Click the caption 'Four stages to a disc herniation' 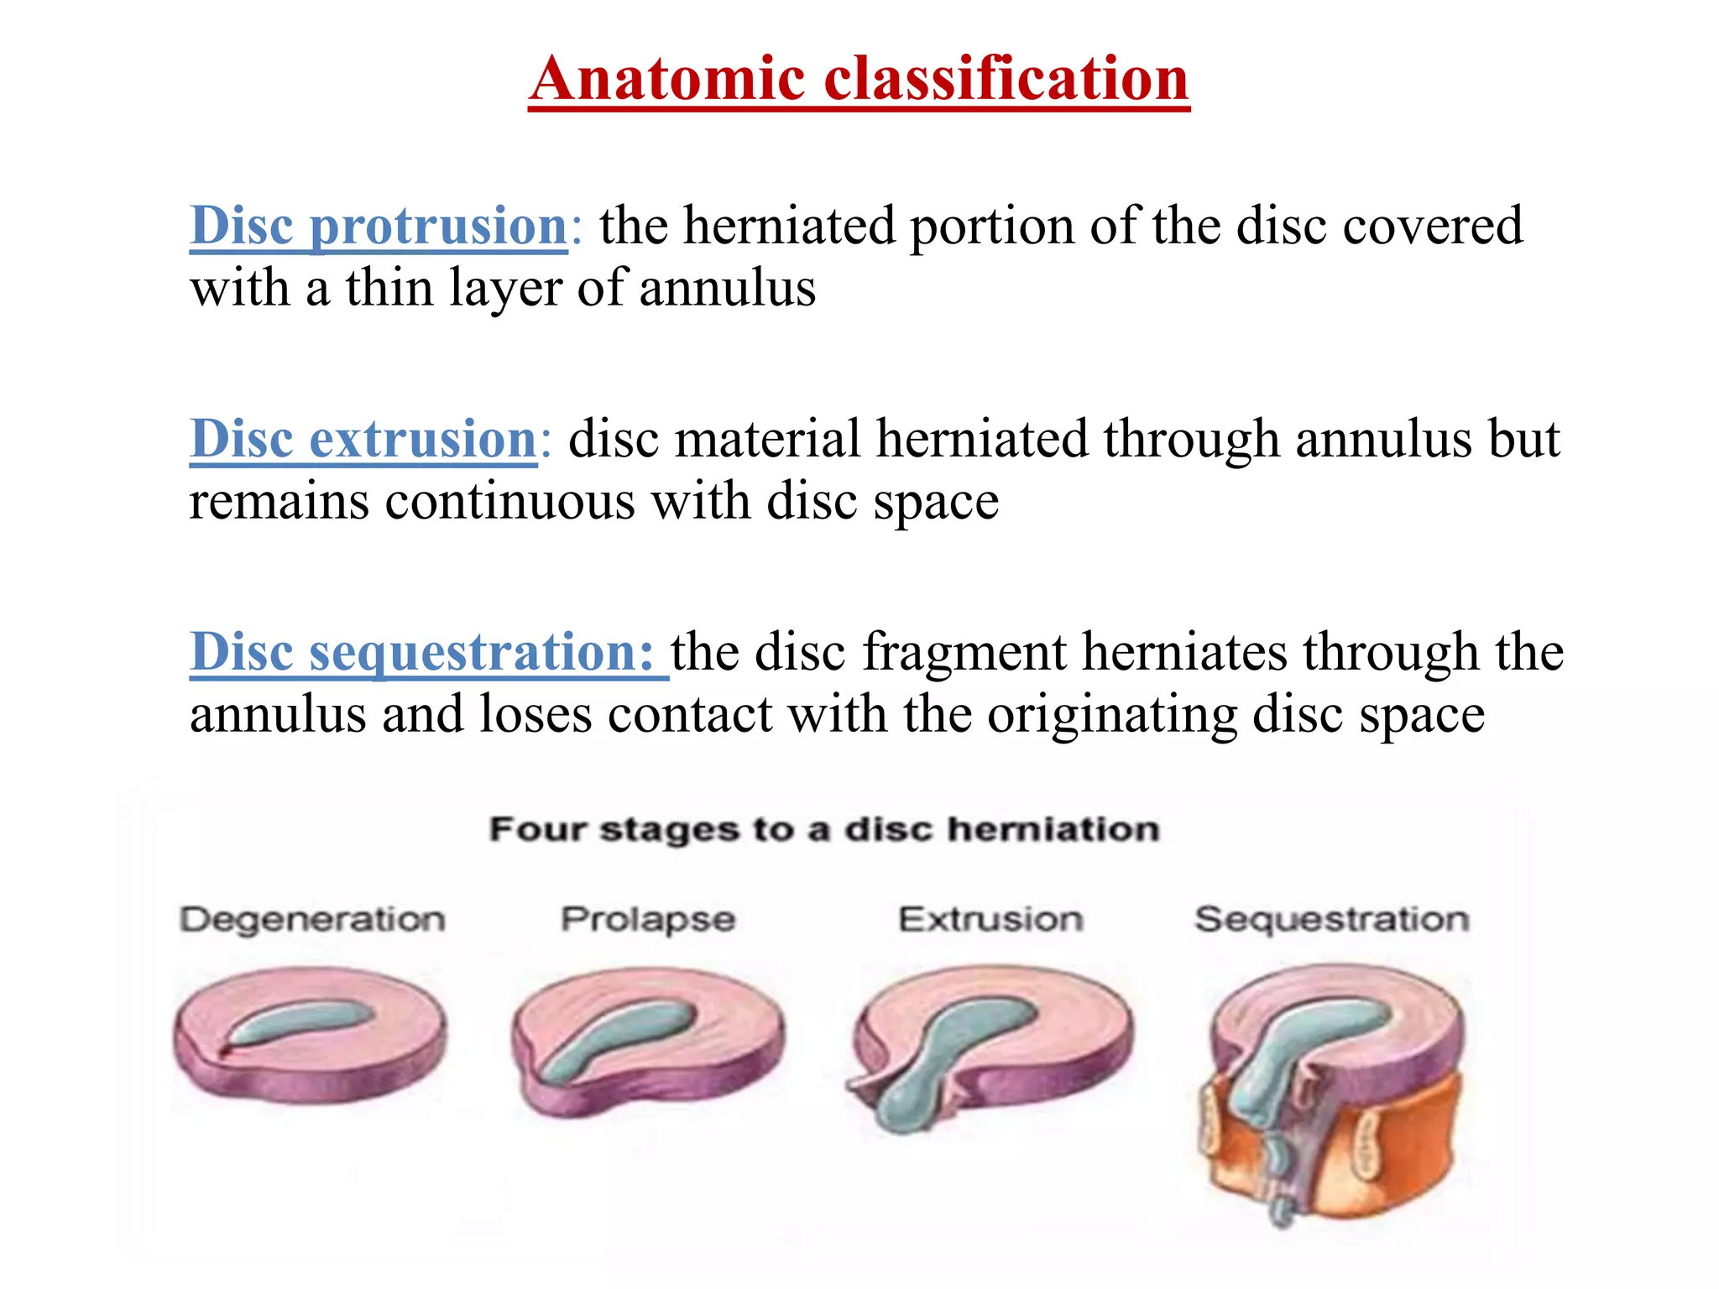tap(824, 829)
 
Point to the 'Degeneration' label tap(312, 920)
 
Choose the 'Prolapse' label tap(648, 920)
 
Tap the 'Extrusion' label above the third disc tap(990, 920)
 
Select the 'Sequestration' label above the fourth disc tap(1332, 920)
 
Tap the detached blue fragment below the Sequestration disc tap(1282, 1208)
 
